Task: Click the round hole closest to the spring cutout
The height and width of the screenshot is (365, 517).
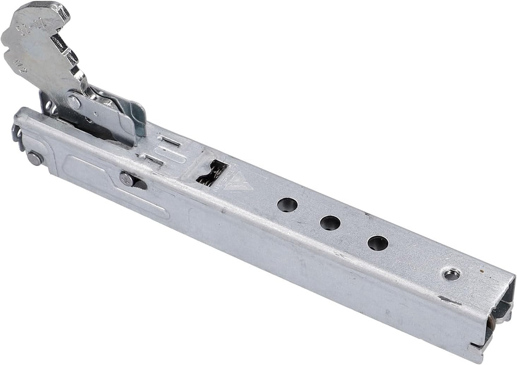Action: [287, 205]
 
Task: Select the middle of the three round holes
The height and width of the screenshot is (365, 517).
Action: [330, 223]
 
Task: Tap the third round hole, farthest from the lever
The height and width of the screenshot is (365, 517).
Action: [378, 243]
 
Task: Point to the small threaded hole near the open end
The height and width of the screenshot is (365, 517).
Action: [451, 275]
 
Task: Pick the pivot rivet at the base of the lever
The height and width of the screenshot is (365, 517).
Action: [74, 101]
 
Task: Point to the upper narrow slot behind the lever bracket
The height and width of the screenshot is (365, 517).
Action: [165, 141]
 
